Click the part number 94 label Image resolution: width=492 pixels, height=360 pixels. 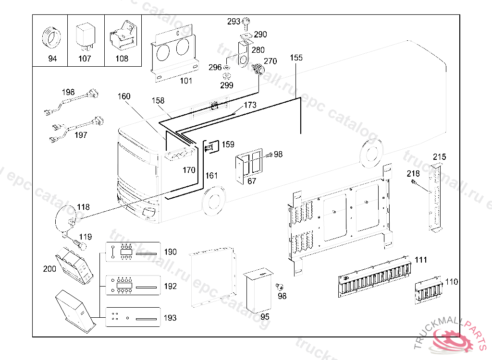pyautogui.click(x=52, y=59)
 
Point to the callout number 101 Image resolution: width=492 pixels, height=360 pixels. pyautogui.click(x=186, y=81)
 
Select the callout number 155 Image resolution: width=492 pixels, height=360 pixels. pyautogui.click(x=296, y=58)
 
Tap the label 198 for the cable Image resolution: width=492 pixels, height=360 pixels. pyautogui.click(x=68, y=92)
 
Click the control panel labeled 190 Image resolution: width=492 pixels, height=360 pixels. pyautogui.click(x=132, y=252)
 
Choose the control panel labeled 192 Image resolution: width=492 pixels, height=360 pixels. pyautogui.click(x=132, y=286)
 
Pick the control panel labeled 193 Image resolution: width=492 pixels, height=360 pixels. pyautogui.click(x=132, y=317)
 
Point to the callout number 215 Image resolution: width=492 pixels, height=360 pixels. pyautogui.click(x=439, y=156)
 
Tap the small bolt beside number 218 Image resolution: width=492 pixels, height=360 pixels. pyautogui.click(x=414, y=182)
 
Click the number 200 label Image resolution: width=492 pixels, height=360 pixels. pyautogui.click(x=49, y=269)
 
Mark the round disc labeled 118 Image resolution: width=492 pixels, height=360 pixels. pyautogui.click(x=66, y=218)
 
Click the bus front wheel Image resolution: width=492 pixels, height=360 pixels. pyautogui.click(x=214, y=201)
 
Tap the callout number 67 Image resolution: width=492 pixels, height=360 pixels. pyautogui.click(x=252, y=181)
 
